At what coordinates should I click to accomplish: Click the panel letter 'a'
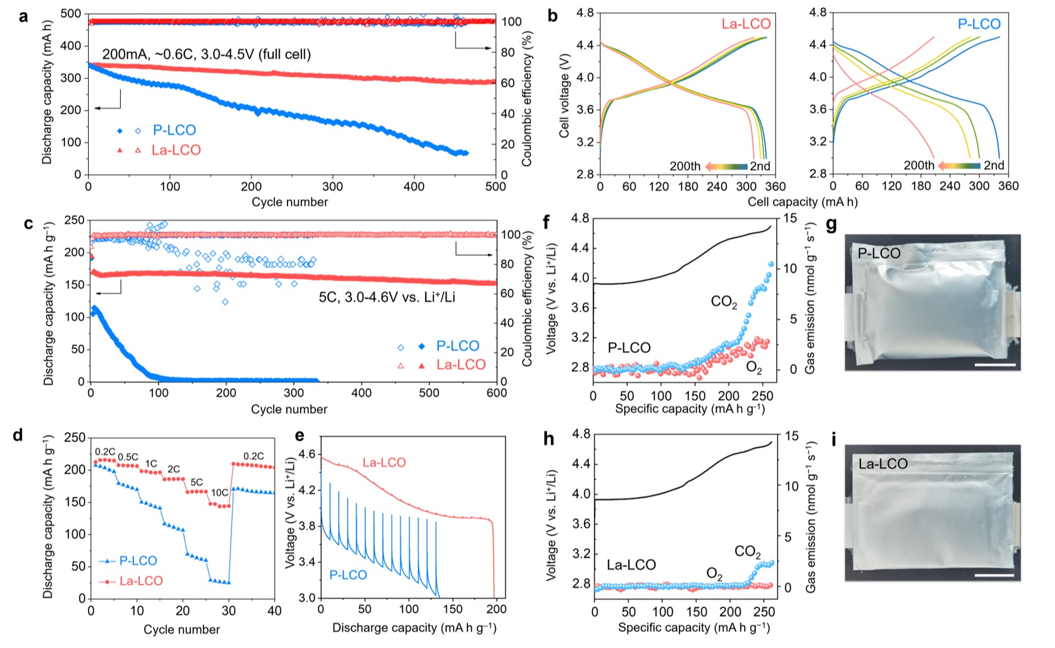(23, 16)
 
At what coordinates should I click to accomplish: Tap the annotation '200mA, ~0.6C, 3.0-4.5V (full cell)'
(207, 55)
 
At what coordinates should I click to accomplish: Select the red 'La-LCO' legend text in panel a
(176, 150)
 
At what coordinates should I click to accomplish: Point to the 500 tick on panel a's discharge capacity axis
(71, 14)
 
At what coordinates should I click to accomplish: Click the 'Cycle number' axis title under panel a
(289, 202)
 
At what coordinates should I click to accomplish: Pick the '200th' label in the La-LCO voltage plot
(685, 166)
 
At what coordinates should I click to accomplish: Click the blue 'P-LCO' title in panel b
(979, 24)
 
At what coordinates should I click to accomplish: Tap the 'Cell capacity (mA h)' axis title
(802, 202)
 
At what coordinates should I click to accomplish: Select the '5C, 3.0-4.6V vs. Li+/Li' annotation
(387, 297)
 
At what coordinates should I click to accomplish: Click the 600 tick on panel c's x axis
(497, 393)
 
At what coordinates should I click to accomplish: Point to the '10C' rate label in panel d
(220, 493)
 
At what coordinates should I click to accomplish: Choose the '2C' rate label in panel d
(173, 469)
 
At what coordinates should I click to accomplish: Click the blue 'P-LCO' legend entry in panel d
(138, 561)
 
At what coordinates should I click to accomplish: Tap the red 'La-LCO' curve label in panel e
(384, 462)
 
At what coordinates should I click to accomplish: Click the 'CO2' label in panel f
(724, 302)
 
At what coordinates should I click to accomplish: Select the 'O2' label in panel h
(714, 574)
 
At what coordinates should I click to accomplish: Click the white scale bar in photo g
(995, 364)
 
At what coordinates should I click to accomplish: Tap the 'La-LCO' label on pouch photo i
(883, 464)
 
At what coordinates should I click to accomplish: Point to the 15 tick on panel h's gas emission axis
(791, 436)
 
